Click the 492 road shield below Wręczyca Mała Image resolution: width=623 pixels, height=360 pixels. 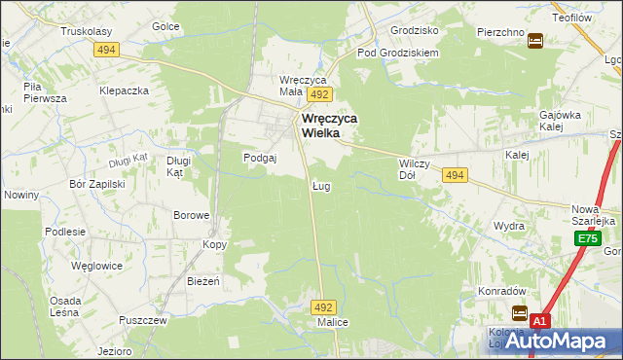pos(319,94)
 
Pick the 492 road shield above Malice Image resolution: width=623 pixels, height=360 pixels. pos(324,306)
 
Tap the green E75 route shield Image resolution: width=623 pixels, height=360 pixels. pos(586,238)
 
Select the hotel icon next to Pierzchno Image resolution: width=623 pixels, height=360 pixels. pos(535,40)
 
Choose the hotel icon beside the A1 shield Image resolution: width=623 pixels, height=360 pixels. pos(520,313)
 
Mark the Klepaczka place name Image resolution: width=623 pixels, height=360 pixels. pos(124,90)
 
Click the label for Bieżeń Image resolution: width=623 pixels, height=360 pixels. pos(203,281)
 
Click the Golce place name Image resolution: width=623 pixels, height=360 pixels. pos(165,26)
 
